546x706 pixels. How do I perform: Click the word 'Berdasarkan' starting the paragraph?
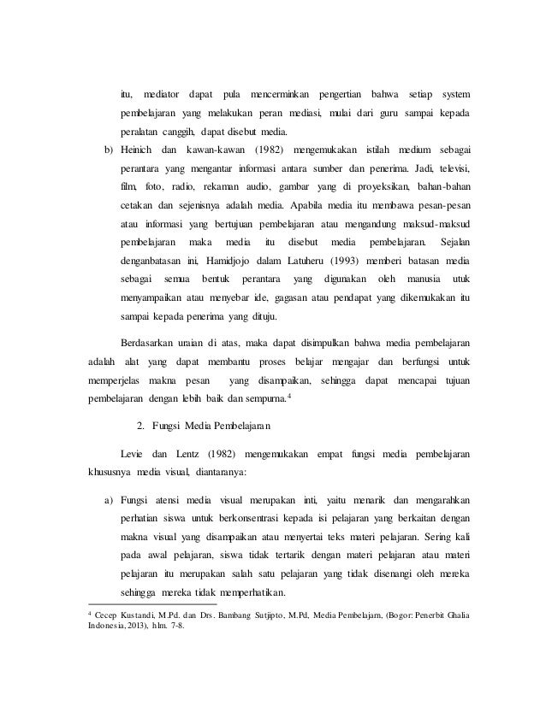[151, 341]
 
